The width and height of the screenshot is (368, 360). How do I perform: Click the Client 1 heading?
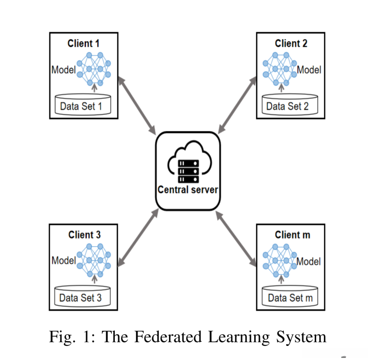[84, 44]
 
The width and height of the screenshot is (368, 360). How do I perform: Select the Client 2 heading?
[291, 44]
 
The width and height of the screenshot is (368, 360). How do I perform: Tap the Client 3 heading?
[84, 235]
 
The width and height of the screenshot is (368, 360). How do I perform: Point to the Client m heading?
[292, 235]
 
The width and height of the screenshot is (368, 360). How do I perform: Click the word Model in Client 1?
[63, 70]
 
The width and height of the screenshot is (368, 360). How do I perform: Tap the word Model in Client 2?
[309, 70]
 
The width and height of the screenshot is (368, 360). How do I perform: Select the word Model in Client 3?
[63, 261]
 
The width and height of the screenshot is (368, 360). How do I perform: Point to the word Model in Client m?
[309, 262]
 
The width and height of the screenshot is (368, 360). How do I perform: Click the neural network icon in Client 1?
[93, 69]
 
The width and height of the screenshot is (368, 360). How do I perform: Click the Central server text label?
[188, 190]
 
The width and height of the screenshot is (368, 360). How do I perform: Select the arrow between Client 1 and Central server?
[137, 105]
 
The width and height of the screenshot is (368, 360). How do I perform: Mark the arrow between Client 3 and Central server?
[138, 238]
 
